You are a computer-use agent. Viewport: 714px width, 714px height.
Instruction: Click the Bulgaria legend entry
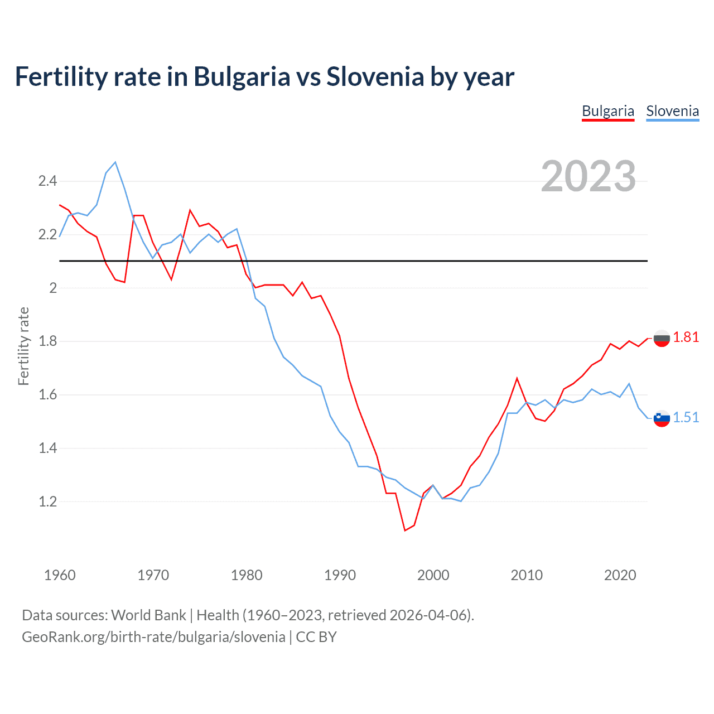point(607,111)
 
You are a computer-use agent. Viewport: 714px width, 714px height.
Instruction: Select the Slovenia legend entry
point(672,111)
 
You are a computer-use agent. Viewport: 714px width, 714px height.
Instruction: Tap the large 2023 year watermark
point(588,176)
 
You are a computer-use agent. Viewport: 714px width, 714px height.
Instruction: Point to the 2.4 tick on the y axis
point(47,181)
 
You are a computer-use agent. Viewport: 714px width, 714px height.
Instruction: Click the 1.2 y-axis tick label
point(47,501)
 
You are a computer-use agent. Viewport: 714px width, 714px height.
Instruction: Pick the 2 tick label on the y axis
point(53,288)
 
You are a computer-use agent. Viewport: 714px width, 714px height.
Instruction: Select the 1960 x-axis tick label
point(60,575)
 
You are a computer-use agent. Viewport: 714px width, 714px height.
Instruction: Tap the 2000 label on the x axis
point(433,575)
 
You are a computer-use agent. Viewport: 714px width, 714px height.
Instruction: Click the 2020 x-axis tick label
point(620,575)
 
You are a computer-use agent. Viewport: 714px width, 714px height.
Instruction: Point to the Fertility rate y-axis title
point(23,346)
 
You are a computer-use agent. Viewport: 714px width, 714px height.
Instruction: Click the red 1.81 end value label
point(686,337)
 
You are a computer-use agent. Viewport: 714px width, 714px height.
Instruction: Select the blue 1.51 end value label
point(686,417)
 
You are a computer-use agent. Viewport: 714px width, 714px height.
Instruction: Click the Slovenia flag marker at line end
point(662,418)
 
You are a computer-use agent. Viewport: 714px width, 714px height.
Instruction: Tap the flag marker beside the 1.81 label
point(662,338)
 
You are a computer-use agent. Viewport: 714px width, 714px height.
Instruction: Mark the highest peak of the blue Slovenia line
point(115,162)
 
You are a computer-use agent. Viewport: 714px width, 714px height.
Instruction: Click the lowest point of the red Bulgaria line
point(405,530)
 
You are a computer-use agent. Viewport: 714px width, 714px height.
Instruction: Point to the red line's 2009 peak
point(517,378)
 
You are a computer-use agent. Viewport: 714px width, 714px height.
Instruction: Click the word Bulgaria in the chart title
point(242,76)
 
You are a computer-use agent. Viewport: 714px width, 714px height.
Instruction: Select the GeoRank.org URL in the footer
point(153,636)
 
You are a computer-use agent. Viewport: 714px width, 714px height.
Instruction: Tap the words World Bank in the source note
point(148,615)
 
